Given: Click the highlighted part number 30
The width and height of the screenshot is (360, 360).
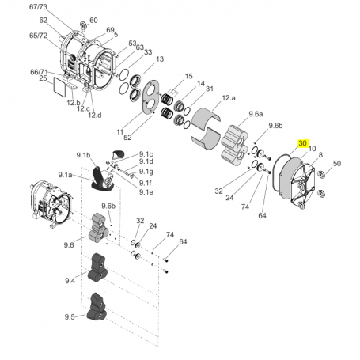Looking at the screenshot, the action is [302, 143].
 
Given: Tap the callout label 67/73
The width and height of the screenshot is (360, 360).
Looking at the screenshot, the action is [38, 7].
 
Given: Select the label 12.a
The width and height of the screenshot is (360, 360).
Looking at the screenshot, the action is [229, 98].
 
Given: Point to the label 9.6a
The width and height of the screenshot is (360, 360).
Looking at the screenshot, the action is [256, 114].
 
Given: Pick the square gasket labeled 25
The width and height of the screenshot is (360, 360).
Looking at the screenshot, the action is [59, 85].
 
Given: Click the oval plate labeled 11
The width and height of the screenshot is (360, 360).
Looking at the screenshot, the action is [150, 97].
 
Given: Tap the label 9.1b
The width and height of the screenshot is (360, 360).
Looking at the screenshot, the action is [83, 155].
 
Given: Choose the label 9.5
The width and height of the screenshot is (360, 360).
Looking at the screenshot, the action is [70, 316].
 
